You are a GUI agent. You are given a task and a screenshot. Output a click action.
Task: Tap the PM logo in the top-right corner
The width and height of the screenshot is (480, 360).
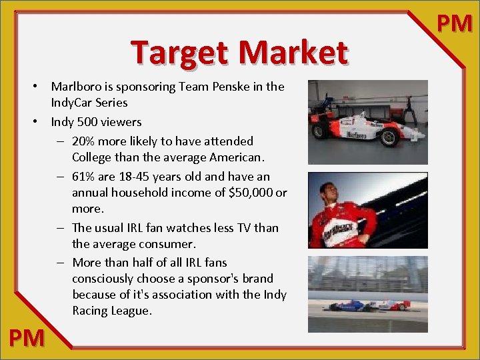tap(455, 24)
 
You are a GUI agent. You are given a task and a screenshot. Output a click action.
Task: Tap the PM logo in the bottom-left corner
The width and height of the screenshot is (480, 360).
tap(27, 338)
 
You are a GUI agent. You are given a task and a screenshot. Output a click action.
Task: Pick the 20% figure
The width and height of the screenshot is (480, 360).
tap(85, 141)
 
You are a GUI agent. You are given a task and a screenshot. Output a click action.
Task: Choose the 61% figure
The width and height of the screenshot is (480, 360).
tap(84, 177)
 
